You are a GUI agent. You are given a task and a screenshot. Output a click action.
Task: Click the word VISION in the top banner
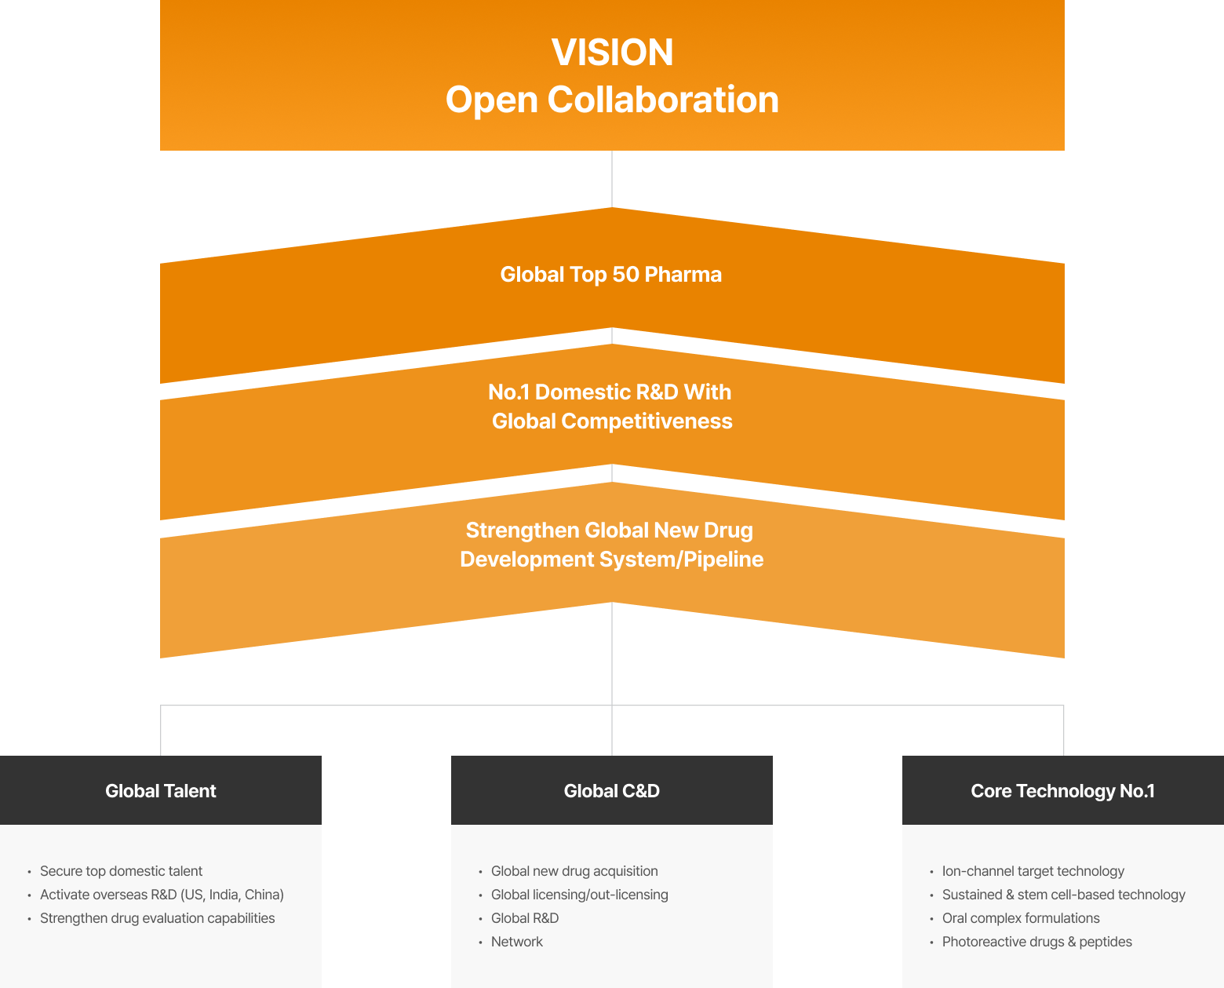point(612,53)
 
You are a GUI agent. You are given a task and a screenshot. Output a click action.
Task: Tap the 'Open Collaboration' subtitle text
point(612,100)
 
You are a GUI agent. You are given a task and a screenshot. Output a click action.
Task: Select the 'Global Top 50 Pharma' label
point(611,275)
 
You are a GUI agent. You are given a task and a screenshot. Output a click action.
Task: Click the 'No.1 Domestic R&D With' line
point(610,392)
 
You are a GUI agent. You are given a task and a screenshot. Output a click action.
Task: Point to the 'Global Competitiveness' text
point(612,421)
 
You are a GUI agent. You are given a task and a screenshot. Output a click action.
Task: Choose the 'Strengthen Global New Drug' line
point(610,530)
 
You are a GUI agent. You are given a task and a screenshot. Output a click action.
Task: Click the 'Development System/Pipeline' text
point(612,560)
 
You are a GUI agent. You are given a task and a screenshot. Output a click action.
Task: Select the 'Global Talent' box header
point(161,791)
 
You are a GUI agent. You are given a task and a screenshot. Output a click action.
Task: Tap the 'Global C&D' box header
point(612,791)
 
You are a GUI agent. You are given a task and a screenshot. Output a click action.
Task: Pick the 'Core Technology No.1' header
point(1062,791)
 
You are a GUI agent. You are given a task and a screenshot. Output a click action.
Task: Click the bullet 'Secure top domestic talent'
point(121,871)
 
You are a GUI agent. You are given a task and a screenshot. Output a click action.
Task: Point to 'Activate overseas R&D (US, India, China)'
point(162,895)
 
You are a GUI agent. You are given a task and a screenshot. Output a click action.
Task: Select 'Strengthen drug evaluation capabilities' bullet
point(157,918)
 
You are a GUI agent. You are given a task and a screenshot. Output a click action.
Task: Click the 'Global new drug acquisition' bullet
point(574,871)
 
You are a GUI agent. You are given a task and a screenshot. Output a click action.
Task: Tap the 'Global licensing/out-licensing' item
point(580,895)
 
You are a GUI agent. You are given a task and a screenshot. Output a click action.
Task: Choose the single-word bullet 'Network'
point(517,942)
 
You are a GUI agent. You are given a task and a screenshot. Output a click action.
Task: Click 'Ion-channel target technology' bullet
point(1033,871)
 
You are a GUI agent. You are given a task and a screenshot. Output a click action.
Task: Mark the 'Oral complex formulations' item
point(1021,918)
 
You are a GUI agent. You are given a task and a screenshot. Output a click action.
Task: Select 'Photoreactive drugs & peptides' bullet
point(1037,942)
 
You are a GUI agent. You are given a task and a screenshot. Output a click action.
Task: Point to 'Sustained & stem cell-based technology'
point(1064,895)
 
